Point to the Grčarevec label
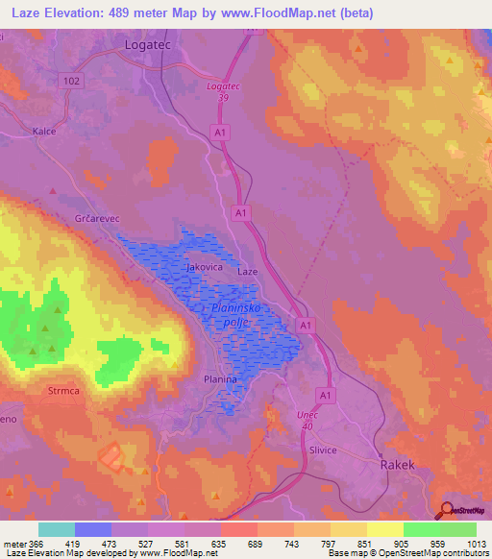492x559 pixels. pos(96,219)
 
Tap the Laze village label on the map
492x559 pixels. pos(248,272)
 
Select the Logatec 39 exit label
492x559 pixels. pos(223,92)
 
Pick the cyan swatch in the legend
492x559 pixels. pos(57,529)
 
